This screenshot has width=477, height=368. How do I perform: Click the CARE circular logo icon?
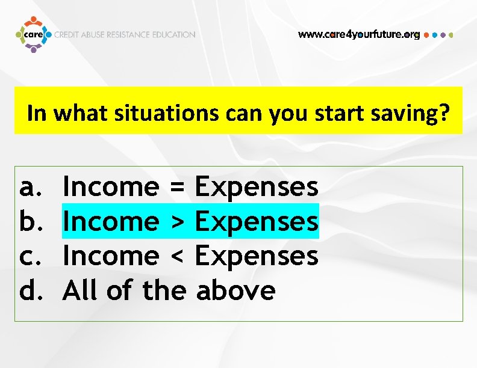(33, 35)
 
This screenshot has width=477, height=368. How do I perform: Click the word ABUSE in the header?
(93, 35)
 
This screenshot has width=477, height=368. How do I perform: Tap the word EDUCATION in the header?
(173, 35)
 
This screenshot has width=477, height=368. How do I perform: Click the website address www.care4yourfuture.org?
(359, 35)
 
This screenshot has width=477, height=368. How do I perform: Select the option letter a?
(28, 188)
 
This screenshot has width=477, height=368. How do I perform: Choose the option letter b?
(28, 222)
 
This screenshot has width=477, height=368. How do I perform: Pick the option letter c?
(28, 257)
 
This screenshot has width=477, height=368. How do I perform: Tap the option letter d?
(28, 291)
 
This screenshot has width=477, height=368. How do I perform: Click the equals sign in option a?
(176, 188)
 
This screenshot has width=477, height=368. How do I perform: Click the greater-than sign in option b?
(176, 222)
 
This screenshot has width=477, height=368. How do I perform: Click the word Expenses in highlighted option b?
(257, 222)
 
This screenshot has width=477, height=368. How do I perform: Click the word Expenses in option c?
(257, 257)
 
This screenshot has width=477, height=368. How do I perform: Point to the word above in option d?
(236, 291)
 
